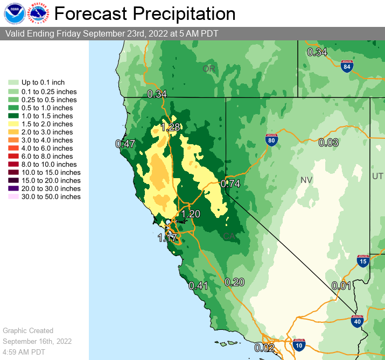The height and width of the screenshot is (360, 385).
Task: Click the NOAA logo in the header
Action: pos(14,13)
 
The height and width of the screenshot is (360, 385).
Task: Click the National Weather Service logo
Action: pos(39,13)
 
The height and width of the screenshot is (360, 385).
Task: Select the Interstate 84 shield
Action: pos(347,67)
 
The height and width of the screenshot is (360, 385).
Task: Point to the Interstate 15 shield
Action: pos(363,262)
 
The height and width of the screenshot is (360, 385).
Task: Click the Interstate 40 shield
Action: pos(356,321)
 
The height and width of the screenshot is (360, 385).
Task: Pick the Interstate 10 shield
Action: pos(299,345)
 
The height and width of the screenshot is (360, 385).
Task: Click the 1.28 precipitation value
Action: pos(171,128)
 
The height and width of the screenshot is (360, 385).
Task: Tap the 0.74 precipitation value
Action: pos(230,183)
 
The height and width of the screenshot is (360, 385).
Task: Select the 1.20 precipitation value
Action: pos(191,214)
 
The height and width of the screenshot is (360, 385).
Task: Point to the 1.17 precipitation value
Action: pos(167,237)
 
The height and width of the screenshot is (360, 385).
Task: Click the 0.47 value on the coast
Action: pos(125,144)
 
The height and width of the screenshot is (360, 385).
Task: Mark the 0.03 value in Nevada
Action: pos(328,143)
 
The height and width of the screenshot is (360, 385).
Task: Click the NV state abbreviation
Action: pos(306,180)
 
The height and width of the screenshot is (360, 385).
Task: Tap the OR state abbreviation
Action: pos(208,69)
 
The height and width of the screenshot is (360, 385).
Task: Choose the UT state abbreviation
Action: pos(377,177)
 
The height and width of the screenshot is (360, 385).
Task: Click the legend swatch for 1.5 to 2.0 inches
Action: pos(13,124)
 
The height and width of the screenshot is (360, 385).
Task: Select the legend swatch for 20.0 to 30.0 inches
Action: pos(13,189)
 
